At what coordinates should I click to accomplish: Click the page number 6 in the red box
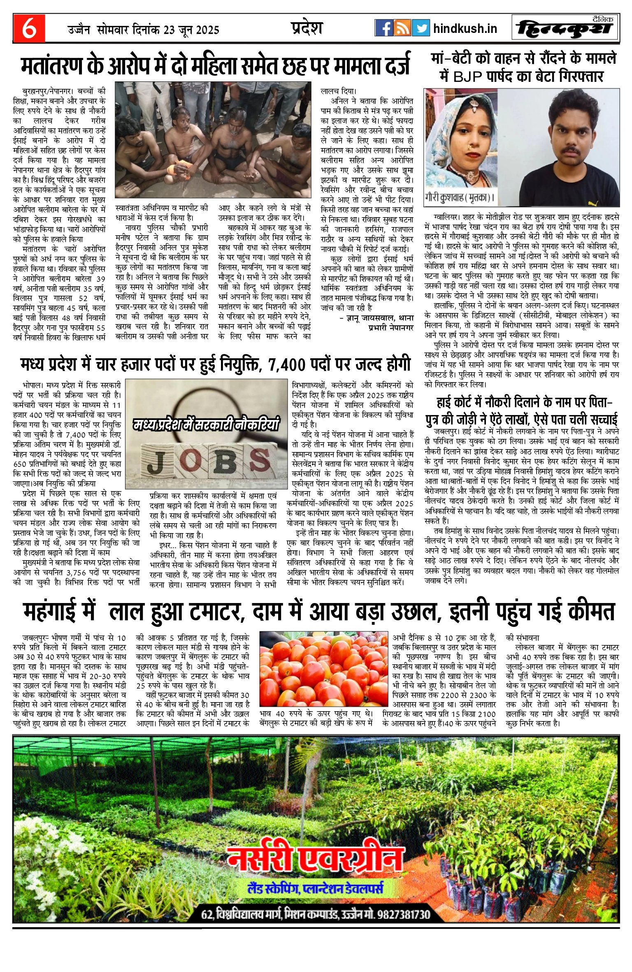pyautogui.click(x=28, y=29)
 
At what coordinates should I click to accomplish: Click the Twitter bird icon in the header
pyautogui.click(x=421, y=28)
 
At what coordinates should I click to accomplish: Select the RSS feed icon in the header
pyautogui.click(x=402, y=28)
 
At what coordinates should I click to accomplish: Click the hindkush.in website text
pyautogui.click(x=465, y=29)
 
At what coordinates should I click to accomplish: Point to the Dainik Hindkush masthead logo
pyautogui.click(x=565, y=29)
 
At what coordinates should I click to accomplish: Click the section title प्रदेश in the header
pyautogui.click(x=307, y=28)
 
